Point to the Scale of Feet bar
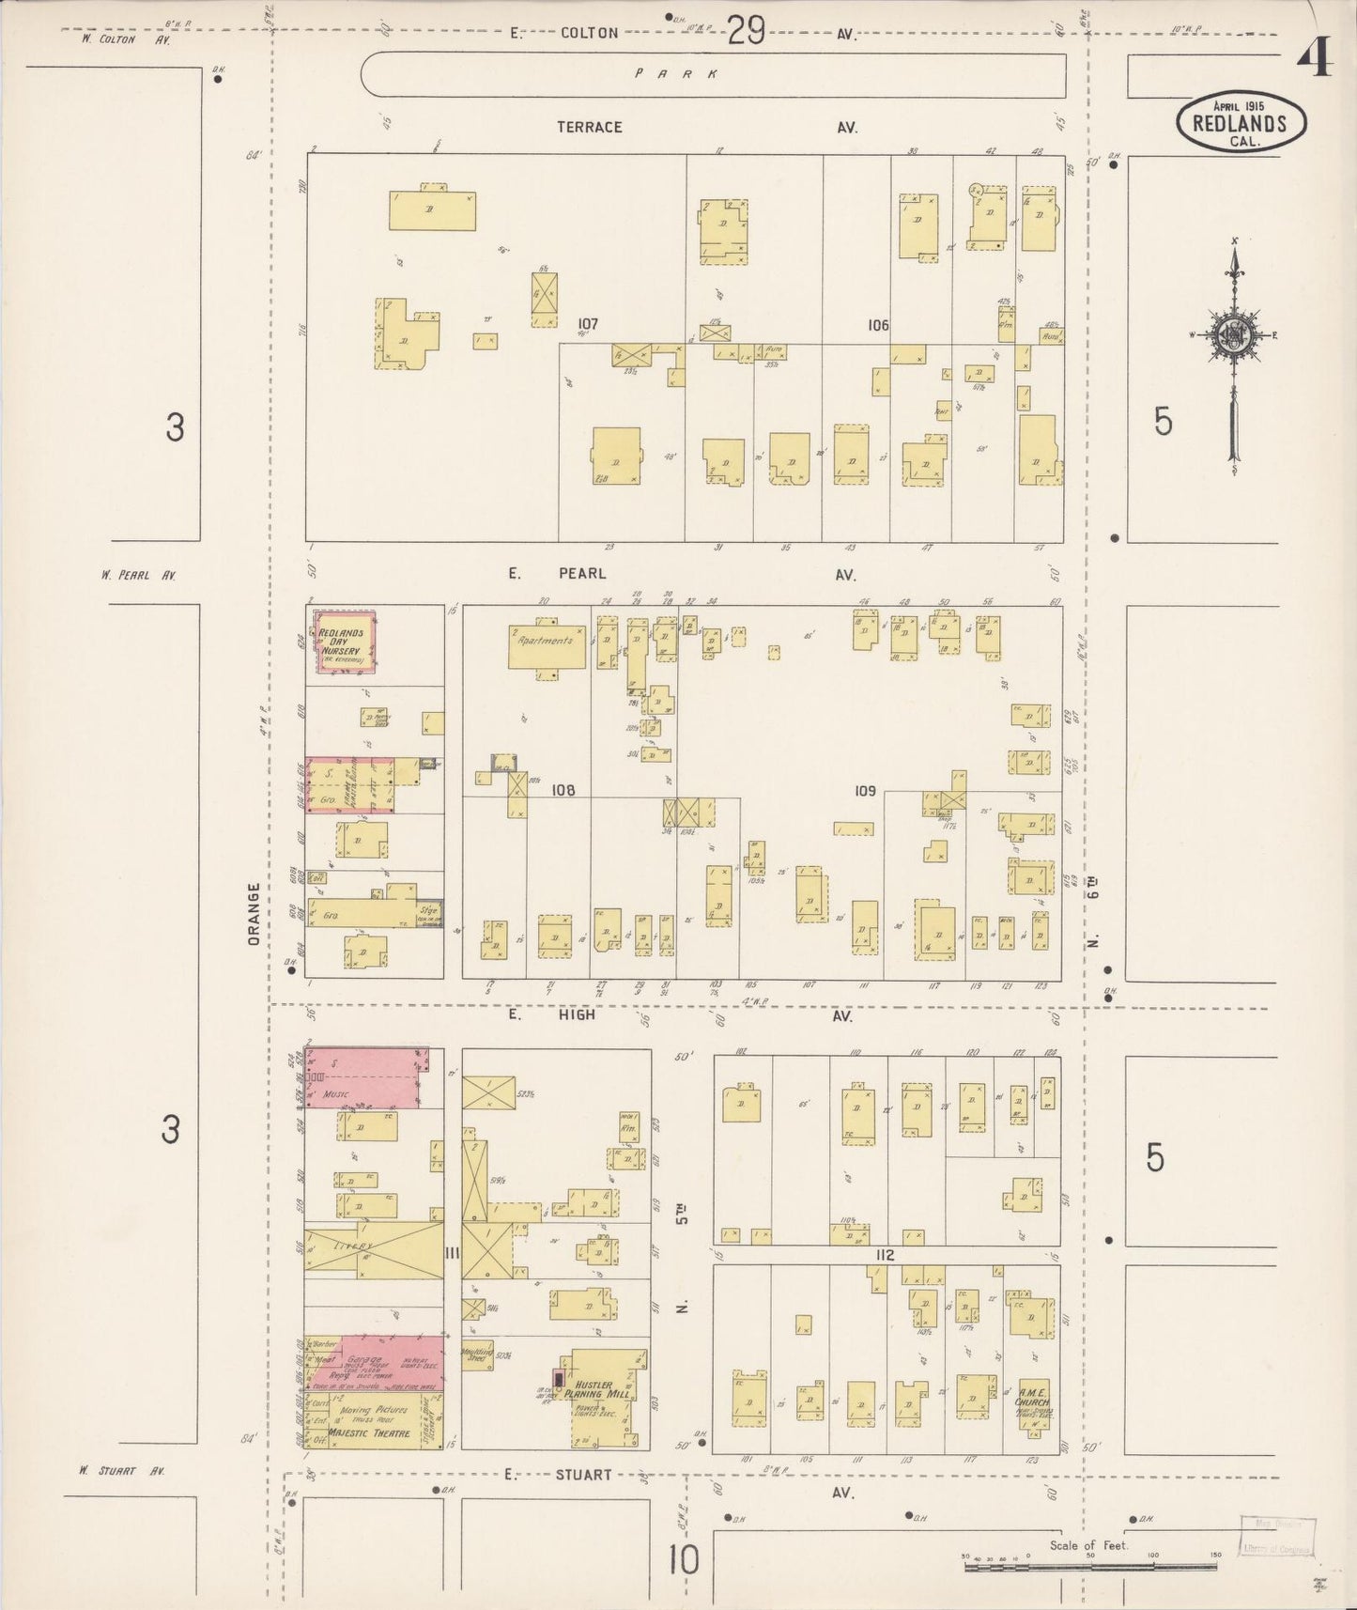[1089, 1559]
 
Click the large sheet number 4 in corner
[1314, 62]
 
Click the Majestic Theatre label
[380, 1432]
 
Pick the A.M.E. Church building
[1030, 1405]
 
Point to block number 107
[588, 324]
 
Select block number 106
[877, 325]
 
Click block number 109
[864, 791]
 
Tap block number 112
[884, 1255]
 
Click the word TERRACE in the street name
[589, 127]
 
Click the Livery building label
[355, 1246]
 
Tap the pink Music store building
[363, 1078]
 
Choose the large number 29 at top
[746, 31]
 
